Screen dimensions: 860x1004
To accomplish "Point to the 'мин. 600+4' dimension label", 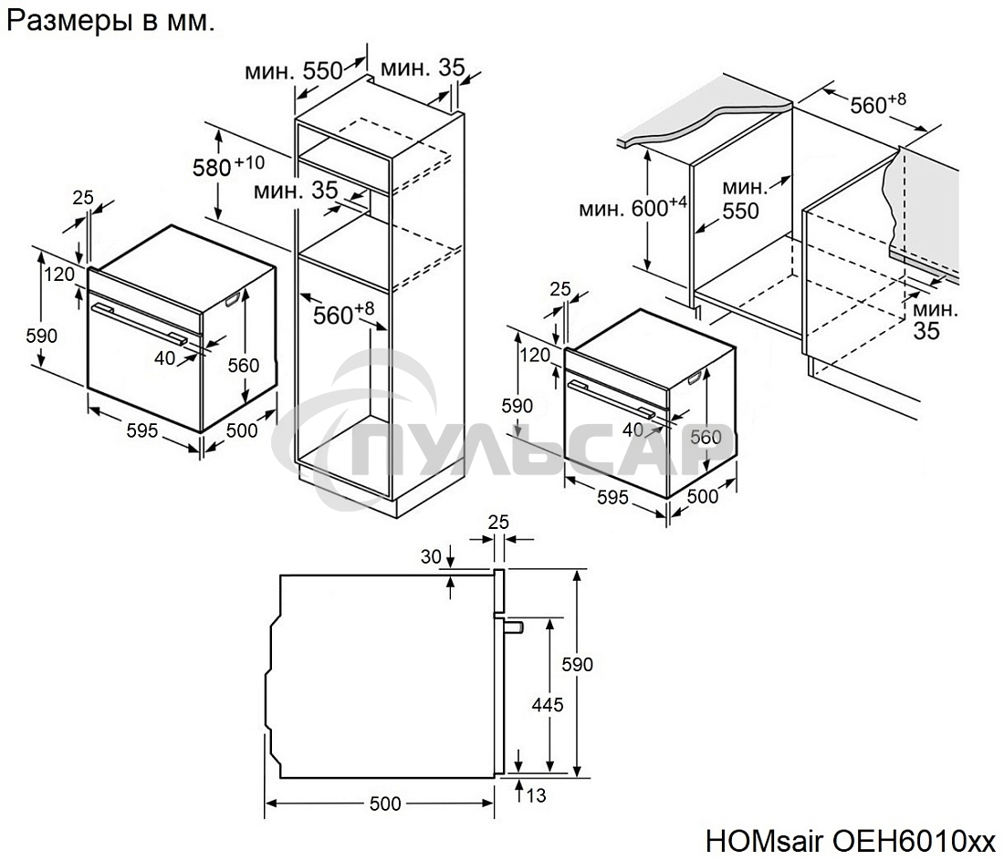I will tap(632, 208).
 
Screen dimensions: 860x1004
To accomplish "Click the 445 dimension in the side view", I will tap(549, 704).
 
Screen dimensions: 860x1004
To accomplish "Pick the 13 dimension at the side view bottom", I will tap(536, 796).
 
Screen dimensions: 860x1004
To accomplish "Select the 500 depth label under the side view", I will tap(384, 803).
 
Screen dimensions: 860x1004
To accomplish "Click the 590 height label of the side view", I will tap(577, 664).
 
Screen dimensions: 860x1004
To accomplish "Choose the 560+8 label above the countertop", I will tap(877, 104).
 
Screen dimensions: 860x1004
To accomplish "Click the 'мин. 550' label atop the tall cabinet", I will tap(292, 70).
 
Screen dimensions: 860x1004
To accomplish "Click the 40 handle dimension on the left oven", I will tap(164, 358).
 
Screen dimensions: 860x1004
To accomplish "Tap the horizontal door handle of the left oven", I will tap(146, 323).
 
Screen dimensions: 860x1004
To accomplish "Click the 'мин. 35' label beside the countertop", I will tap(931, 319).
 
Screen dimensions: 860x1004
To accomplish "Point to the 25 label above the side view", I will tap(497, 522).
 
